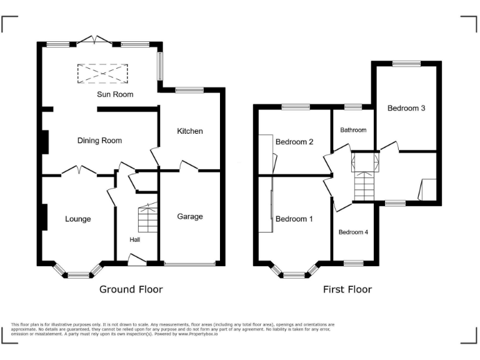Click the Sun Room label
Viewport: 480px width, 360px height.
pos(115,94)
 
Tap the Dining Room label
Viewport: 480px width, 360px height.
pos(99,141)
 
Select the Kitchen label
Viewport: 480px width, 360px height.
pos(190,131)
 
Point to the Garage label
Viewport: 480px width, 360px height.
pos(190,217)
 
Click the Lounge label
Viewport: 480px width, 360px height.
pos(77,219)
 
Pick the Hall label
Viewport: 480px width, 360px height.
pos(135,239)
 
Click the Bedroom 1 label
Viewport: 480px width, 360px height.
pos(294,219)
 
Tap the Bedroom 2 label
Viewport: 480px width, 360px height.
pos(294,142)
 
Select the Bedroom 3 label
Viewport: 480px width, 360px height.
pos(406,108)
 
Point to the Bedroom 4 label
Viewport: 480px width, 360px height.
pos(353,232)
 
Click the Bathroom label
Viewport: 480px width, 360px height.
pos(353,130)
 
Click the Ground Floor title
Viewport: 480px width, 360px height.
pos(131,289)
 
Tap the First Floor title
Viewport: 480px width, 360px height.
pos(347,289)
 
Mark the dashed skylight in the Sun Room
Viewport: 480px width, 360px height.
pos(102,74)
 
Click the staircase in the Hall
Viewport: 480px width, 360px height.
pos(148,217)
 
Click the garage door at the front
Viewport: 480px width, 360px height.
pos(190,263)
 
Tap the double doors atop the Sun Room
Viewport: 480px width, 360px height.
pos(94,40)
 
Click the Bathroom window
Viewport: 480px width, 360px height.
pos(353,107)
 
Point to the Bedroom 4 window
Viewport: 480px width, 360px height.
pos(353,263)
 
